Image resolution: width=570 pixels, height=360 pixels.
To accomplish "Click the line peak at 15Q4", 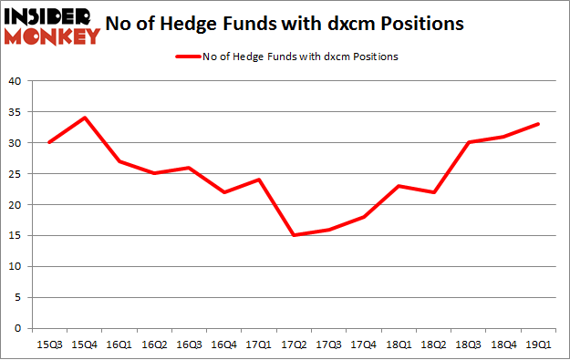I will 84,118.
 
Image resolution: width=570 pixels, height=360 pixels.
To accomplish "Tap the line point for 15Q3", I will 49,142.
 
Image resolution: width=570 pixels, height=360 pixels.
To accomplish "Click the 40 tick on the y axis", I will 16,81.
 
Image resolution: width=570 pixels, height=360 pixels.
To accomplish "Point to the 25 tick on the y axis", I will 16,174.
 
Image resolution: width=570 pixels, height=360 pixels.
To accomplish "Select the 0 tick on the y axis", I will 18,328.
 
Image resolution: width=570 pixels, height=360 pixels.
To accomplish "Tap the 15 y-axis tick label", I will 16,236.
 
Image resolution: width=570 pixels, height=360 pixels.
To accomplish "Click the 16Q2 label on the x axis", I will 154,344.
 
